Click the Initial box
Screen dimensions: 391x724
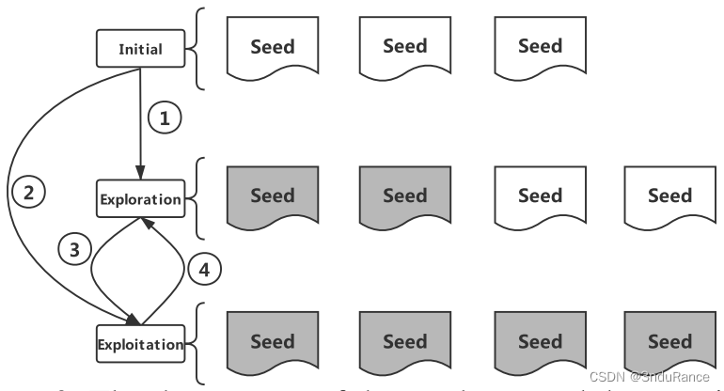point(139,48)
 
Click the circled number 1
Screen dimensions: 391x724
point(165,118)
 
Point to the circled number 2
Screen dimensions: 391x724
point(28,195)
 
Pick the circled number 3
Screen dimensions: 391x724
point(71,249)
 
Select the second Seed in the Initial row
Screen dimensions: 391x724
point(405,48)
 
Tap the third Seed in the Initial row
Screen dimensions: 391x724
point(540,48)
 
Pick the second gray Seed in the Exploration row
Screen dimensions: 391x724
point(405,198)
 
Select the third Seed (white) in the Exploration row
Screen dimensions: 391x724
point(540,198)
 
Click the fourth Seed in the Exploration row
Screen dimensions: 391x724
point(669,198)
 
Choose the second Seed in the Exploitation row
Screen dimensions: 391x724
point(405,343)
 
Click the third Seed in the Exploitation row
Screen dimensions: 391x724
point(540,343)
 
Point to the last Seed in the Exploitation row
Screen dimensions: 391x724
point(669,343)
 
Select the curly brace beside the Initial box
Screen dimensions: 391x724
point(199,48)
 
